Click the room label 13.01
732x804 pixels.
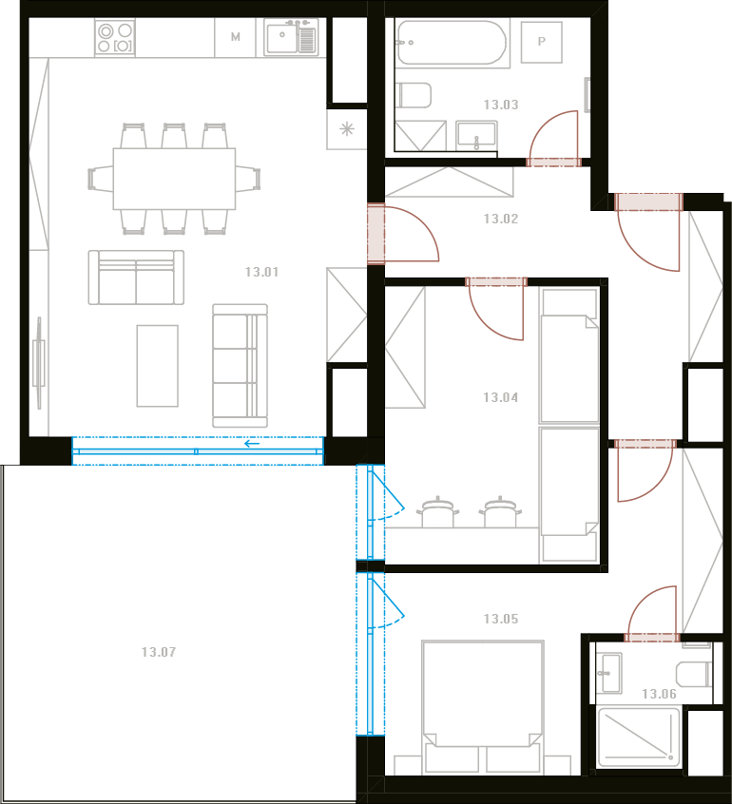(x=261, y=272)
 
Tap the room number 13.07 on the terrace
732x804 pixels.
(x=159, y=652)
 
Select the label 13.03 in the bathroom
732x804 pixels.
(x=501, y=105)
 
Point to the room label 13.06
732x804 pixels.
(x=659, y=694)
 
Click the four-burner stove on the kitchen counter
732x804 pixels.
(x=115, y=37)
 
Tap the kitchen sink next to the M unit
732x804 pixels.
(x=291, y=37)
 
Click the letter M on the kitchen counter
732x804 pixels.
(x=236, y=37)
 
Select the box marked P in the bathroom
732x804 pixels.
(x=542, y=42)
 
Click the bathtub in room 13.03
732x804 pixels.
(x=452, y=43)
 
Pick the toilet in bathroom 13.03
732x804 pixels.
(x=414, y=95)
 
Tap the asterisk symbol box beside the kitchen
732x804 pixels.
(x=347, y=128)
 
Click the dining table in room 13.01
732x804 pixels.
(x=174, y=179)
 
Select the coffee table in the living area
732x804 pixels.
(x=158, y=366)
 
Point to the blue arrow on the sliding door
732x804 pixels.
(x=252, y=444)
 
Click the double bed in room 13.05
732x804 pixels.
(x=483, y=707)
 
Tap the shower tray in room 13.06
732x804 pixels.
(x=639, y=737)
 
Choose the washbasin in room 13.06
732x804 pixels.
(x=608, y=673)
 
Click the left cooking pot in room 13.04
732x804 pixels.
(x=437, y=511)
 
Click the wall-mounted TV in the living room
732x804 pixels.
(x=38, y=363)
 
